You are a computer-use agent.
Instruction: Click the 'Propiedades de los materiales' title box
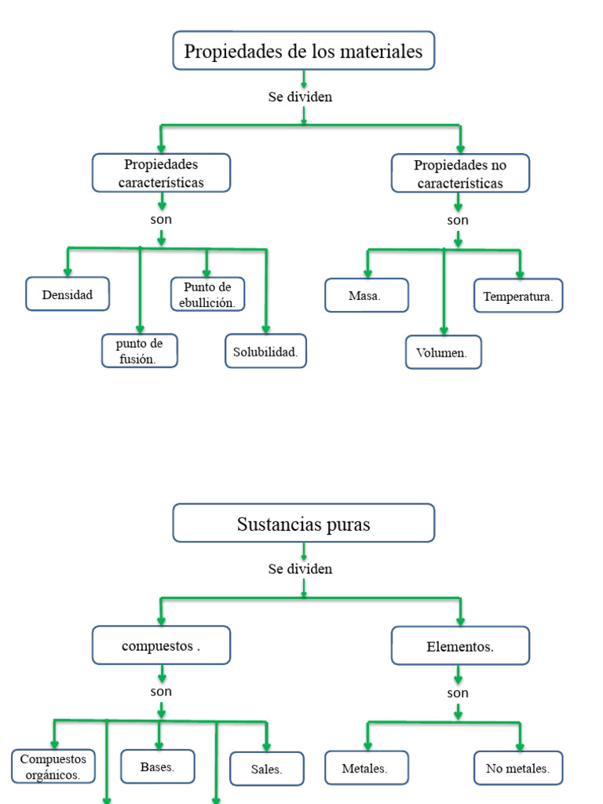point(303,51)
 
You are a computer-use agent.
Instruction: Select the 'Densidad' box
point(68,294)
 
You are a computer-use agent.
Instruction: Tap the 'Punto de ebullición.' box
point(207,294)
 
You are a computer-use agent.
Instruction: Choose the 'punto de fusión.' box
point(140,351)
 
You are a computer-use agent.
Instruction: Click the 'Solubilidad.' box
point(265,352)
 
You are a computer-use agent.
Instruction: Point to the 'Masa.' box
point(367,296)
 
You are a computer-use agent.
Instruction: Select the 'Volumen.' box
point(443,353)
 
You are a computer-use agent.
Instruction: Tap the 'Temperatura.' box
point(518,296)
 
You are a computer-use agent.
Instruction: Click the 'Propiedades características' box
point(161,174)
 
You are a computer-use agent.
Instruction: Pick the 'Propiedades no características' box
point(460,174)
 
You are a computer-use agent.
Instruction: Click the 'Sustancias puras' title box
point(303,524)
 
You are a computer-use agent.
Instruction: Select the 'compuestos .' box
point(161,646)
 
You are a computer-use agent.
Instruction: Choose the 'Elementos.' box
point(460,646)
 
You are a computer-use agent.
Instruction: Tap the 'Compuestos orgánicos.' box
point(53,767)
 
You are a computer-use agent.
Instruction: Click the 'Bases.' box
point(158,767)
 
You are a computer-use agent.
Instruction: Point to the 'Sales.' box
point(267,769)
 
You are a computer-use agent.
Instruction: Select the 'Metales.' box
point(367,768)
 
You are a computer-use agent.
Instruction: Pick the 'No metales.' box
point(518,768)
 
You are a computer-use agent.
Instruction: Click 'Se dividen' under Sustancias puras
point(300,568)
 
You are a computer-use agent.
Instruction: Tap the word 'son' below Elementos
point(458,693)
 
